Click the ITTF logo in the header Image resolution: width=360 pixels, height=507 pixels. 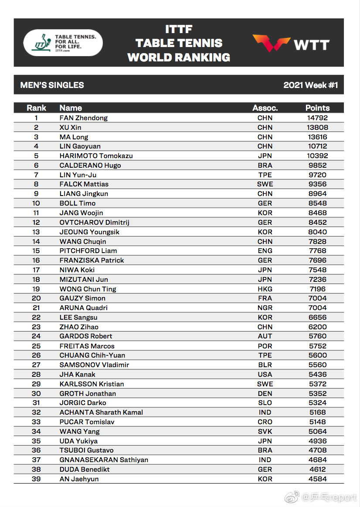click(x=63, y=42)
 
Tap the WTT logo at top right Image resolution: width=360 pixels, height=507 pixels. click(x=291, y=44)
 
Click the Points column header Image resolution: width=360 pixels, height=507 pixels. click(x=317, y=108)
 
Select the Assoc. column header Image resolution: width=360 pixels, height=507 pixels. click(x=265, y=108)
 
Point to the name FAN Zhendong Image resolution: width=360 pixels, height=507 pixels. click(x=83, y=118)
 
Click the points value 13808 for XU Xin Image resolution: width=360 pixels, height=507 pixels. click(x=317, y=127)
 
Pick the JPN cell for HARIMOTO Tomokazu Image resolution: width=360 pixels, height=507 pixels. click(x=265, y=155)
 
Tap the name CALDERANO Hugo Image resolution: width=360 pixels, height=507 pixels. click(x=90, y=165)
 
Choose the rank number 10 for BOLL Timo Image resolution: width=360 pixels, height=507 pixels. click(x=36, y=203)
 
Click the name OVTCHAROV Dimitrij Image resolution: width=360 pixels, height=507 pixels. click(x=94, y=222)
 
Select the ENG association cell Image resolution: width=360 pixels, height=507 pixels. click(x=265, y=250)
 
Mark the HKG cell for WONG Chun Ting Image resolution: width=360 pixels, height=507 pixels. click(x=265, y=289)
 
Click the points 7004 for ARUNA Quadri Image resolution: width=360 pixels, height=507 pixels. click(x=317, y=308)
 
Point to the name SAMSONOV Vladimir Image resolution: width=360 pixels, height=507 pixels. click(x=94, y=365)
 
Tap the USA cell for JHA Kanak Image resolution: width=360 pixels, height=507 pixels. click(x=265, y=374)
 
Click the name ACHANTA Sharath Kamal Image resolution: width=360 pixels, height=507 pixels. click(x=101, y=412)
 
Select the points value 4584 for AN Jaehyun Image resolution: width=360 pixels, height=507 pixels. click(x=317, y=479)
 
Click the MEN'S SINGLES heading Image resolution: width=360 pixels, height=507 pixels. click(x=52, y=85)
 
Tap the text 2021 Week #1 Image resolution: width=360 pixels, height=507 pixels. click(x=310, y=85)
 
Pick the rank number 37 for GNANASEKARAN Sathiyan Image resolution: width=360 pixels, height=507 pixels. click(x=36, y=460)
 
